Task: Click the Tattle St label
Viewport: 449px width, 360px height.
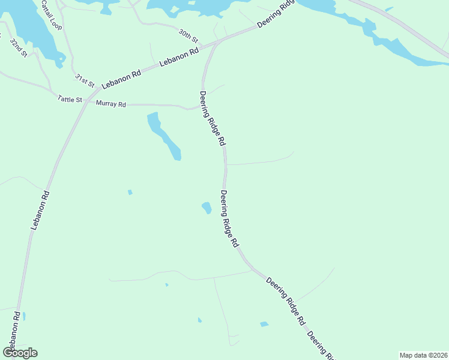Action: tap(70, 99)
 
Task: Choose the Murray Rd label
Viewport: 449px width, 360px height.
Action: tap(111, 104)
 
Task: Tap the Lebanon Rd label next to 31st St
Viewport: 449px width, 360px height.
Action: tap(121, 79)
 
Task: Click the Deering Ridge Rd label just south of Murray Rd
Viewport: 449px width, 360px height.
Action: tap(212, 118)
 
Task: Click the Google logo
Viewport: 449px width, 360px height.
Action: tap(20, 353)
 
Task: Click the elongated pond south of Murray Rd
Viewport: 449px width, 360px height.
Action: tap(163, 136)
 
